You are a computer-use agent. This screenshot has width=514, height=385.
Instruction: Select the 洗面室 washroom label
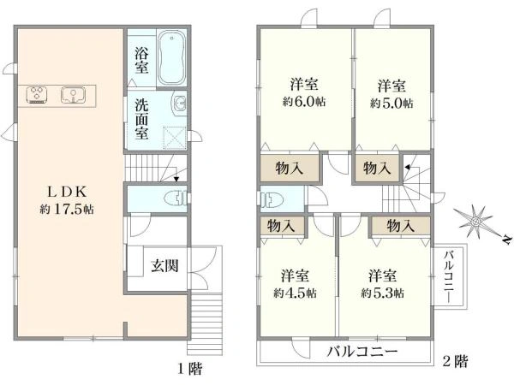pyautogui.click(x=142, y=121)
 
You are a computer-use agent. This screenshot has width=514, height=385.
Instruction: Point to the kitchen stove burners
pyautogui.click(x=39, y=92)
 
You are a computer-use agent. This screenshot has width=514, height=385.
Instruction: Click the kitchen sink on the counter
pyautogui.click(x=71, y=92)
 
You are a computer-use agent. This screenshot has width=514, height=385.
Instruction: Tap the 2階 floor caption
pyautogui.click(x=455, y=362)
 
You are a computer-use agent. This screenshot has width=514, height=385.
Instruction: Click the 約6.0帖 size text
pyautogui.click(x=305, y=103)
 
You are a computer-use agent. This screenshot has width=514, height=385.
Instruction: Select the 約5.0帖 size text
pyautogui.click(x=391, y=103)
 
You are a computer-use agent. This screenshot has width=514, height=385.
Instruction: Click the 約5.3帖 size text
pyautogui.click(x=383, y=293)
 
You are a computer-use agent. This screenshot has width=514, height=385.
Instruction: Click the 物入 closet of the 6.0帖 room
pyautogui.click(x=288, y=168)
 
